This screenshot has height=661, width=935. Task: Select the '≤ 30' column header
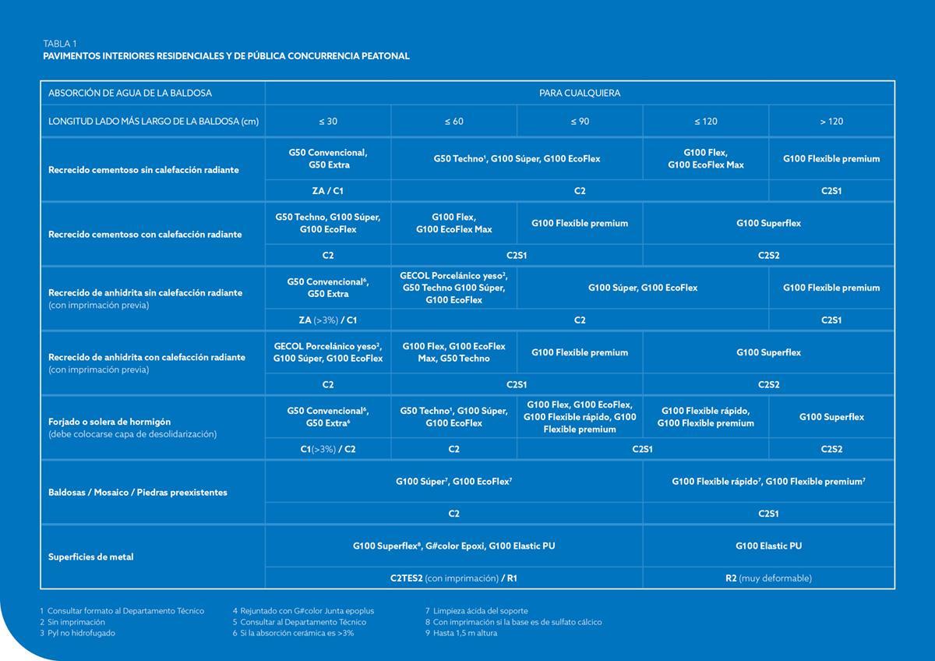click(x=328, y=122)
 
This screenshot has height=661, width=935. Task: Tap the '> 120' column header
click(x=831, y=122)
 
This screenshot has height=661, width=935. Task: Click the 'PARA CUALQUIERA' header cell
click(x=580, y=94)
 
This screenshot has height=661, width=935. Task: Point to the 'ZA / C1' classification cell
click(x=328, y=191)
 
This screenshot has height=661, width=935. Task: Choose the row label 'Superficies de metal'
click(x=90, y=557)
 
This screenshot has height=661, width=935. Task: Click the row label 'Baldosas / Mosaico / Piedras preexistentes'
click(x=137, y=493)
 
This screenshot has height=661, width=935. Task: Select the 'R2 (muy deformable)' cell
click(x=768, y=578)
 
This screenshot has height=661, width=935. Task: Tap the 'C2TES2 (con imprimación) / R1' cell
click(x=453, y=578)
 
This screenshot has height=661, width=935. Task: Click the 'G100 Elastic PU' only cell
click(x=768, y=546)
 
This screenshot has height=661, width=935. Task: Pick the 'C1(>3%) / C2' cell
click(x=328, y=450)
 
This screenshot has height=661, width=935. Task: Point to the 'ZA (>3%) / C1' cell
click(x=328, y=320)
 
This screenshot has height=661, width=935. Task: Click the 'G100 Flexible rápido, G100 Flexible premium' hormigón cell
click(x=705, y=417)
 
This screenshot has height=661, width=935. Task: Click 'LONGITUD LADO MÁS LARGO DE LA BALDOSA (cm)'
click(x=153, y=122)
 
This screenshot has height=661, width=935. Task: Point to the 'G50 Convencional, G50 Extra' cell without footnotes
click(x=328, y=159)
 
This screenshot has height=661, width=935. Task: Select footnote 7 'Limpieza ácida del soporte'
click(x=476, y=611)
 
